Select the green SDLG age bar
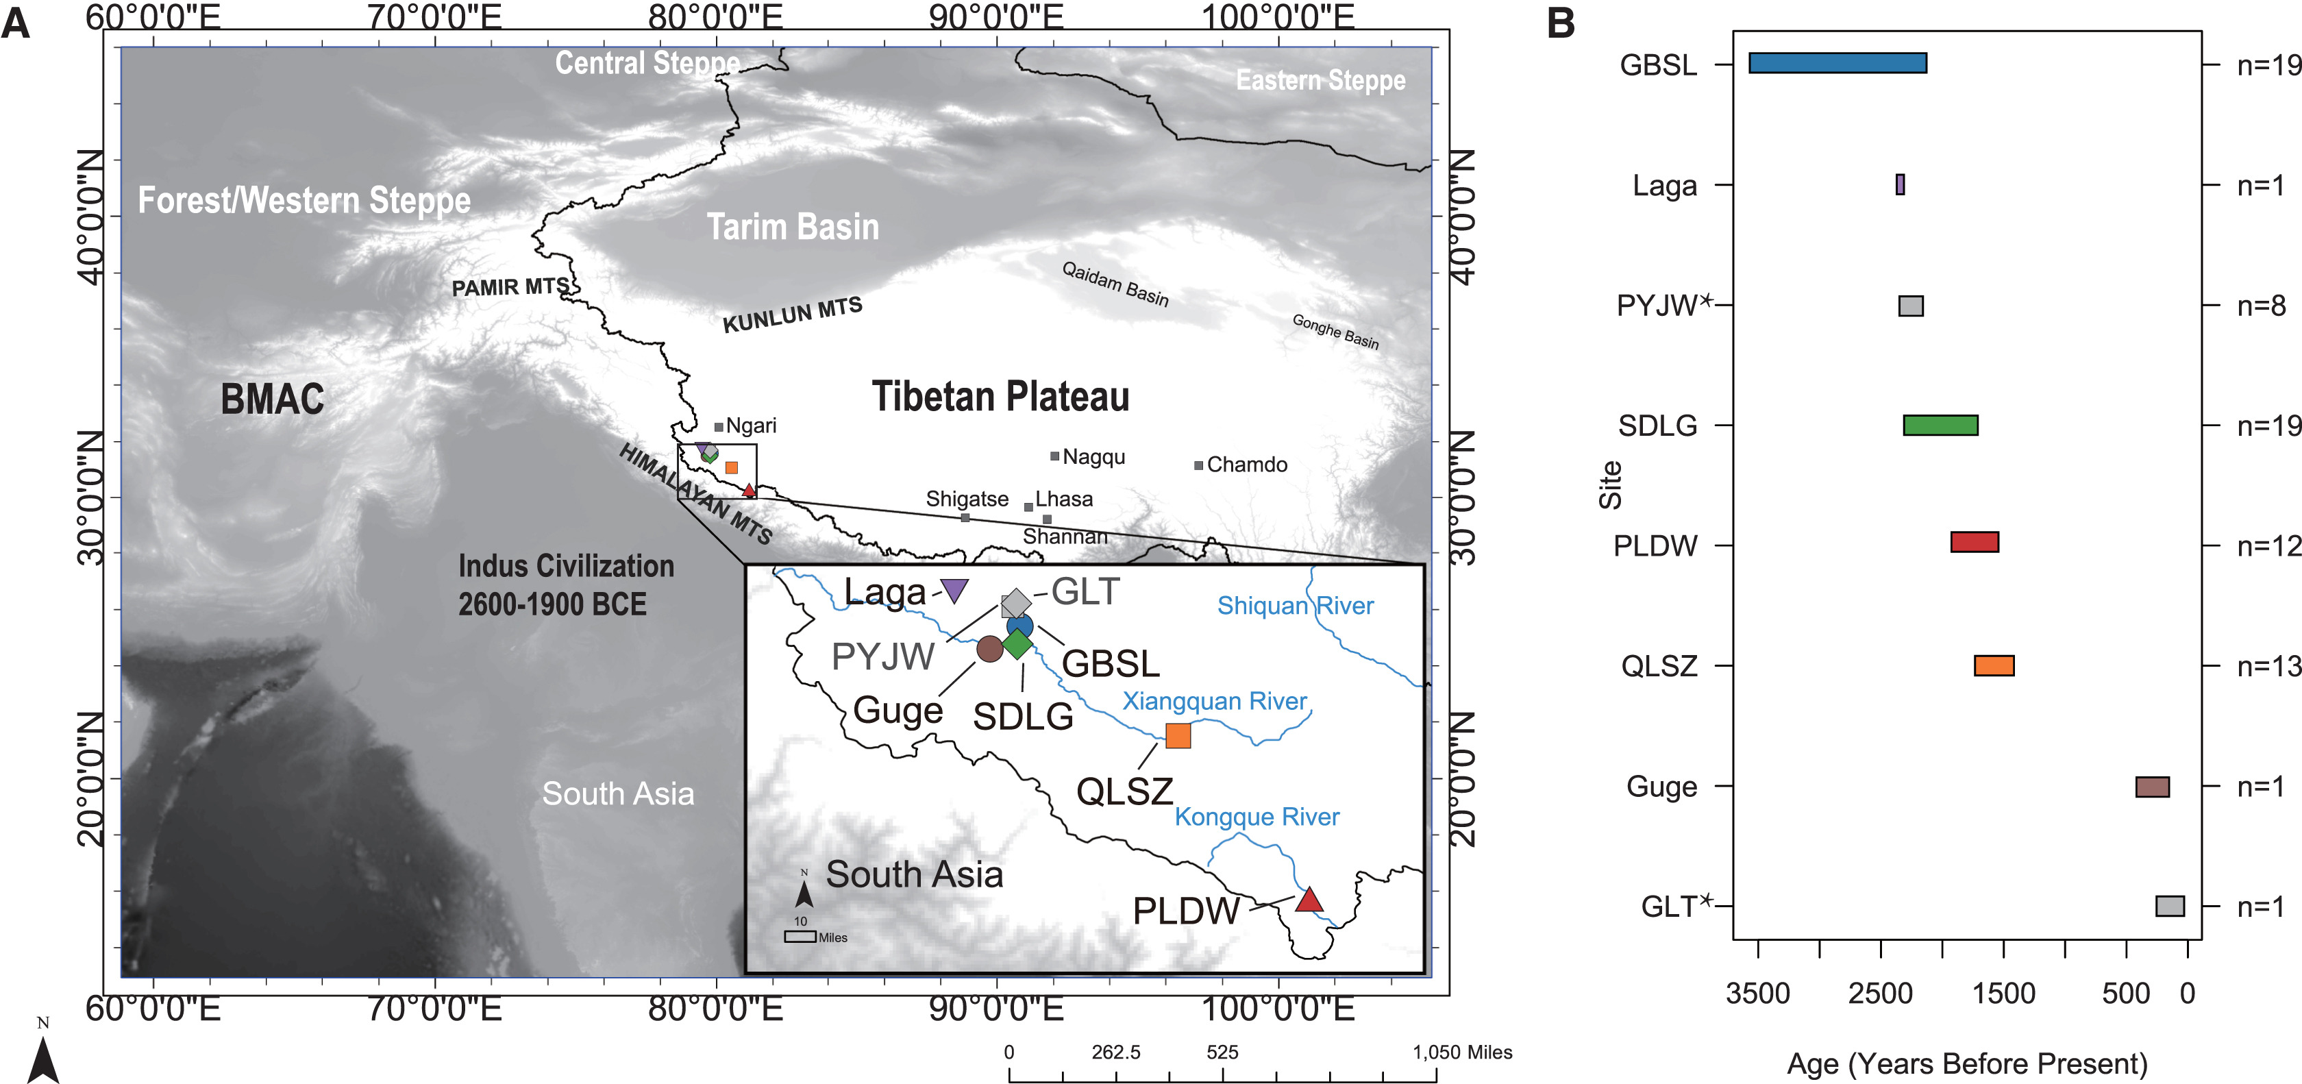1940,426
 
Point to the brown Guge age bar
2152,787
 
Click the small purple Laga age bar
1900,185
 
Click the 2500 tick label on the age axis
1880,994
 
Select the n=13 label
2267,667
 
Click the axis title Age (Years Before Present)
1967,1064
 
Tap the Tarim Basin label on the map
793,227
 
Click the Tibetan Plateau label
1000,397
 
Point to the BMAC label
273,399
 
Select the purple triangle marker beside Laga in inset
954,590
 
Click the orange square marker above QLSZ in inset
1178,735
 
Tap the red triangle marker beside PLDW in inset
1309,900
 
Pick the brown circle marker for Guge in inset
989,649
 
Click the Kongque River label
1257,817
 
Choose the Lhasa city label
1063,499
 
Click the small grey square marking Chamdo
1198,465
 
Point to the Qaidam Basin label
1115,283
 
